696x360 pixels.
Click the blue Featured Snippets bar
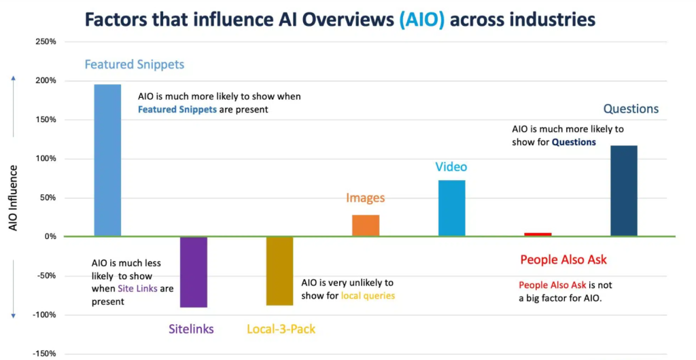(x=107, y=160)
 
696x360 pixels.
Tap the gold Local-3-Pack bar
(x=279, y=271)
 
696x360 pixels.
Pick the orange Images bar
(x=366, y=226)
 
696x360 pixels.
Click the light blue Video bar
(x=451, y=208)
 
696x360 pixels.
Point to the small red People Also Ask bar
(x=538, y=234)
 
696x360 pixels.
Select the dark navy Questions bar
(x=623, y=191)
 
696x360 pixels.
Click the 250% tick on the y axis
(x=46, y=42)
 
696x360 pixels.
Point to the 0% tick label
(x=50, y=237)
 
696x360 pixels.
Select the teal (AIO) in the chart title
(x=421, y=19)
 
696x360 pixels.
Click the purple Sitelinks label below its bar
(x=191, y=329)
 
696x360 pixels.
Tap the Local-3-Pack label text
(x=281, y=329)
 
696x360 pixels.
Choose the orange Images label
(x=365, y=198)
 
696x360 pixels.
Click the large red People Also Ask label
(x=563, y=259)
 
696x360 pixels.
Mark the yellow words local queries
(x=368, y=295)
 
